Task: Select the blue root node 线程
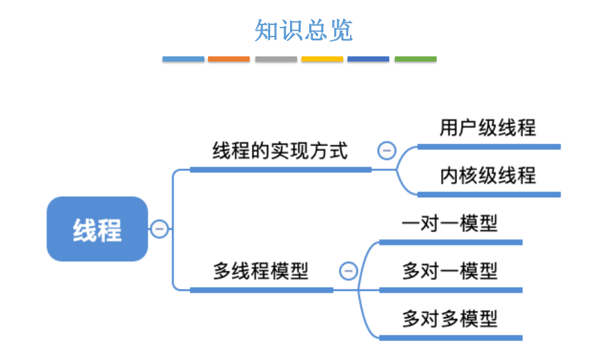97,229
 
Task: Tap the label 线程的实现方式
280,151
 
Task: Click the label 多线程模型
261,271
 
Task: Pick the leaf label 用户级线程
487,127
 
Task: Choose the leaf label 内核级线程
487,175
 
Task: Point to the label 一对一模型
449,223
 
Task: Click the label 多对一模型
449,271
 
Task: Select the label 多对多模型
449,318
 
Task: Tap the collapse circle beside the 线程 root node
159,229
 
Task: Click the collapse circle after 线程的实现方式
387,151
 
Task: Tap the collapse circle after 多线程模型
348,271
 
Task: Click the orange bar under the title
229,59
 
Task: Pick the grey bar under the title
276,59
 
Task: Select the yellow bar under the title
322,59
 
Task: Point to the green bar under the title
415,59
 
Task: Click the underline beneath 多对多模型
451,338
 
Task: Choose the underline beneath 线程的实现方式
280,170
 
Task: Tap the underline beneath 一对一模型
451,242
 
